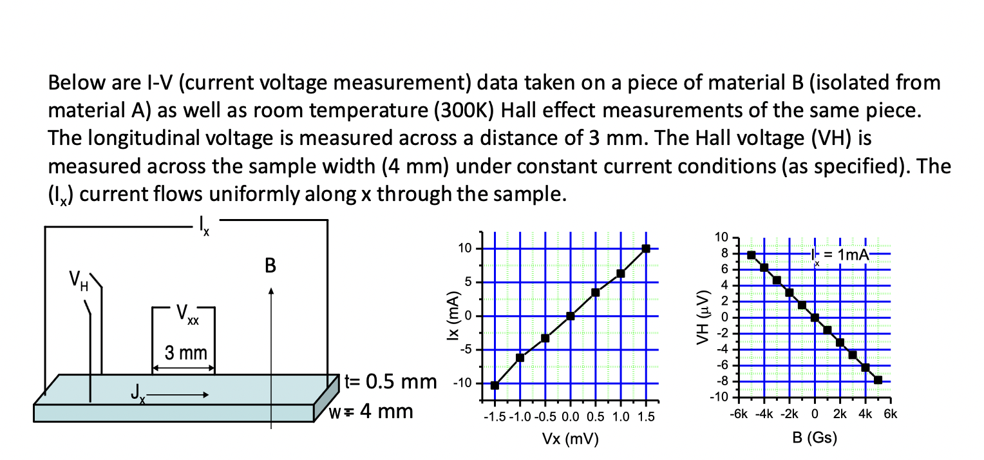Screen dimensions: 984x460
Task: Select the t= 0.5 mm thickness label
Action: (390, 381)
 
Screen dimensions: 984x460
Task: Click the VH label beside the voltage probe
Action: (79, 282)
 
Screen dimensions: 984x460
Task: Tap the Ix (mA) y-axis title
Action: (455, 316)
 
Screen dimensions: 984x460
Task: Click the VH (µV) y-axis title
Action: (705, 316)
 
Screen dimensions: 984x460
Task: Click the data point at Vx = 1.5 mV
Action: (646, 249)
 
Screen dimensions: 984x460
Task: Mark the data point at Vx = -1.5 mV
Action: (495, 385)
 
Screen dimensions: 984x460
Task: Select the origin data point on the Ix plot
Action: (571, 316)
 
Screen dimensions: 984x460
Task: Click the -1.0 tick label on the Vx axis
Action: (520, 417)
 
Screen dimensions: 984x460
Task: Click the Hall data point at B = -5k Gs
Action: (751, 255)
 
